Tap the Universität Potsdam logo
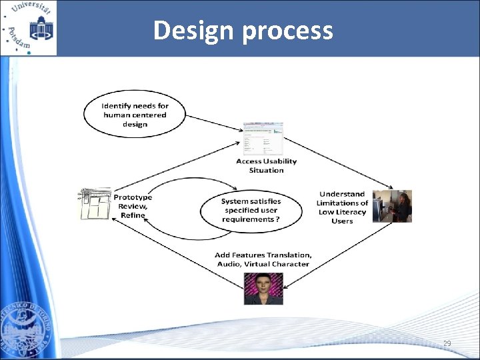[x=29, y=28]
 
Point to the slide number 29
[x=447, y=344]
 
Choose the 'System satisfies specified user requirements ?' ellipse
[x=251, y=210]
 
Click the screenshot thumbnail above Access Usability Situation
[x=263, y=139]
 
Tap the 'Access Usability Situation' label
[x=266, y=165]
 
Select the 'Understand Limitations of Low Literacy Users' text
[x=342, y=207]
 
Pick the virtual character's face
[x=263, y=284]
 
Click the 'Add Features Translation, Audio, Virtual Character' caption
[x=263, y=259]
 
